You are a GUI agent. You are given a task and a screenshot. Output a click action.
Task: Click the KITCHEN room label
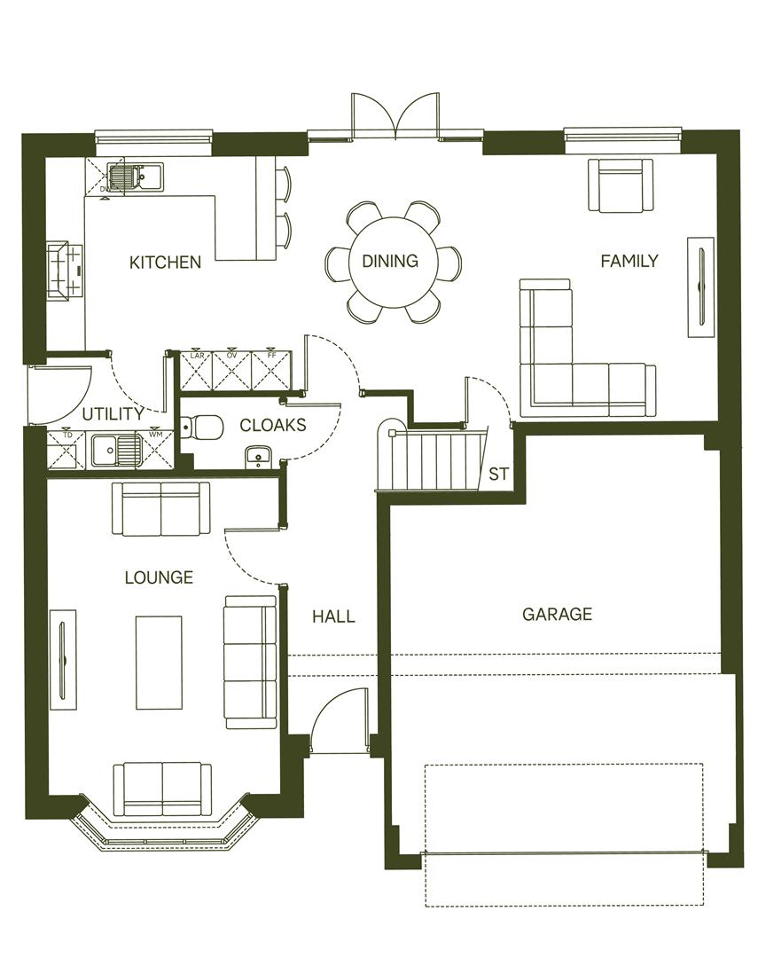[165, 262]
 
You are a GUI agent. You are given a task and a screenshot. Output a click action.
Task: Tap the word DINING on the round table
[390, 261]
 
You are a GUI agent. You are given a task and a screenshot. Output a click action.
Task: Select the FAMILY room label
[629, 261]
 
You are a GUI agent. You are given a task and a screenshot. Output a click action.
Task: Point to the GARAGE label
[557, 614]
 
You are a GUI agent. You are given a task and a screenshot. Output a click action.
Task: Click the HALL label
[333, 616]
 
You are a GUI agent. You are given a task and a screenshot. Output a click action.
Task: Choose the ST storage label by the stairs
[499, 475]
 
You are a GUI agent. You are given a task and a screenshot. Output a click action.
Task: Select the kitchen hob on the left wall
[64, 270]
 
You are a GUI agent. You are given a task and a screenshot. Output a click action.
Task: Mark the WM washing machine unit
[156, 449]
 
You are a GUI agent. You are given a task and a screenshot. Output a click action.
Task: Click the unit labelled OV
[233, 371]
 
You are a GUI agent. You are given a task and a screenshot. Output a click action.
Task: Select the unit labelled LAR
[197, 371]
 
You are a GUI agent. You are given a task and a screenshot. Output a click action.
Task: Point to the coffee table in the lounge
[159, 662]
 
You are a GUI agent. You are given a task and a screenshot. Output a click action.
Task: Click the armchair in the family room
[621, 185]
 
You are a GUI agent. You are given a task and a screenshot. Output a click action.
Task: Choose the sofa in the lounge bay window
[162, 789]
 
